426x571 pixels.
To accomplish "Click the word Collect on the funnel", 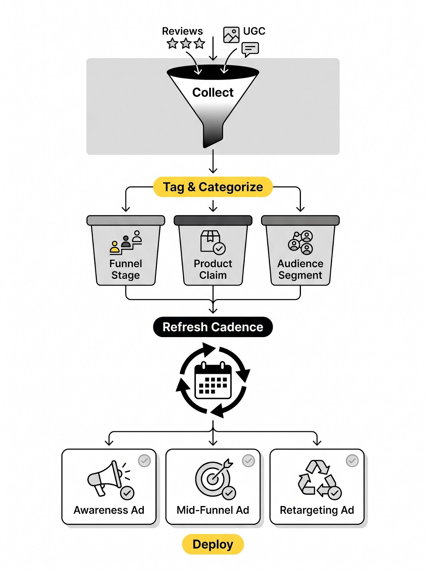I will pyautogui.click(x=213, y=93).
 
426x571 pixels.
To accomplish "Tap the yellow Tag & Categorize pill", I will pyautogui.click(x=213, y=187).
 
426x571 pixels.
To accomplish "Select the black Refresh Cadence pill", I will pyautogui.click(x=213, y=327).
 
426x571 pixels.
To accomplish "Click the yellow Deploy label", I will pyautogui.click(x=213, y=544).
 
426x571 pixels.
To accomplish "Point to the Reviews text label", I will pyautogui.click(x=182, y=31).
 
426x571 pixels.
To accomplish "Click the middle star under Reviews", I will pyautogui.click(x=186, y=44).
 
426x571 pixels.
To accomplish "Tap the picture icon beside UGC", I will pyautogui.click(x=231, y=35).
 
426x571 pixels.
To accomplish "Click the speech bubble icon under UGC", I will pyautogui.click(x=250, y=49).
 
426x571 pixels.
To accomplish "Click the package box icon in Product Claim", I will pyautogui.click(x=210, y=241).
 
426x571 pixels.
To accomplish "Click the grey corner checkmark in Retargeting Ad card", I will pyautogui.click(x=352, y=461).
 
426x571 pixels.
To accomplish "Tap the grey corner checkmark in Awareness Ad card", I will pyautogui.click(x=144, y=461).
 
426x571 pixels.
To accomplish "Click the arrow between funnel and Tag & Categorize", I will pyautogui.click(x=213, y=162).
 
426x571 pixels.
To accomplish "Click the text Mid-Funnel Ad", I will pyautogui.click(x=213, y=510).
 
